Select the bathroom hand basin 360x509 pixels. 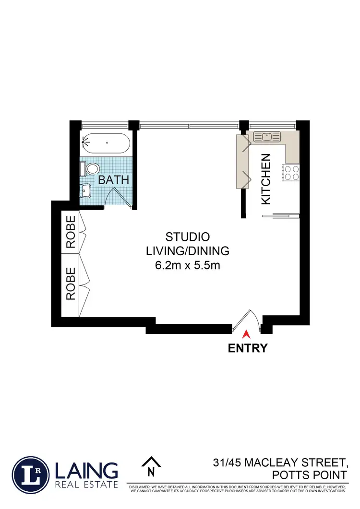tap(87, 191)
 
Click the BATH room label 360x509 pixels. tap(114, 180)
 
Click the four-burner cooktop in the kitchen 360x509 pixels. tap(291, 172)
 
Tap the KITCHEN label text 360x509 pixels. tap(266, 179)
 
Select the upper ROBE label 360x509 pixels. tap(71, 232)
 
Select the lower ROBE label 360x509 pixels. tap(71, 284)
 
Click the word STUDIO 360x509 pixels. tap(187, 237)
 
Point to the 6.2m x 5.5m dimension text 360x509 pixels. tap(187, 265)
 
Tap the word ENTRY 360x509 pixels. tap(247, 348)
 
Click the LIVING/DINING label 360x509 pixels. tap(187, 250)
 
